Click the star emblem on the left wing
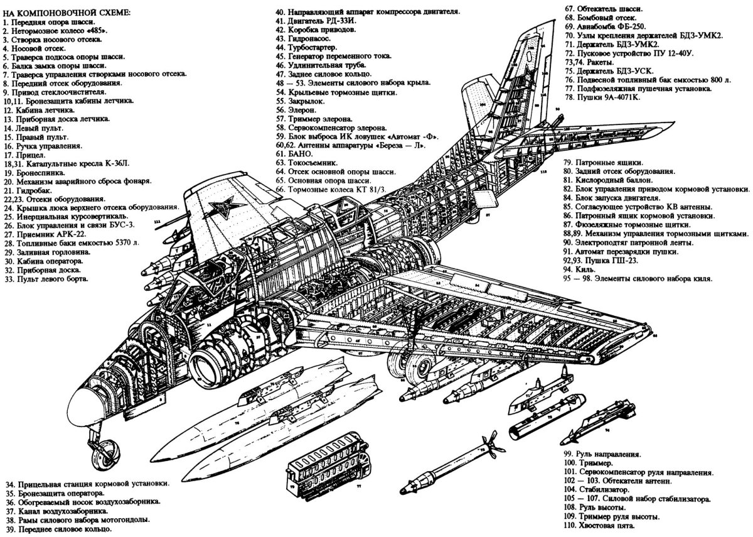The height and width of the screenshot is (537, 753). coord(221,205)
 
